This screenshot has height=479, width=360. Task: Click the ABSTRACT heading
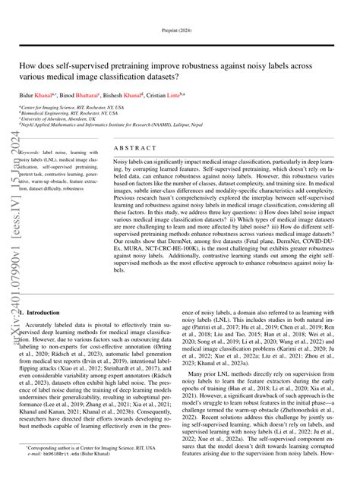coord(134,149)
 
